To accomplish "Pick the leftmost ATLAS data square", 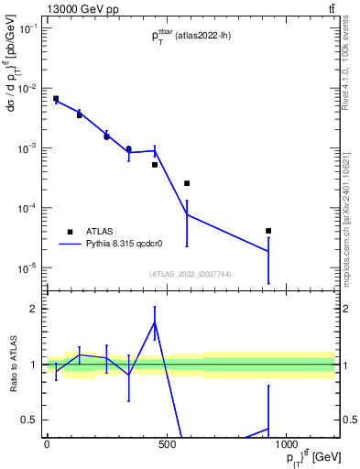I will point(56,99).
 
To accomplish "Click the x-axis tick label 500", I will point(167,444).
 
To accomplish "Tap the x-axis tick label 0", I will point(47,444).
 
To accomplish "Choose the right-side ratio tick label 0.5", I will point(347,420).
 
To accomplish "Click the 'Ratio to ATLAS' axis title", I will point(12,365).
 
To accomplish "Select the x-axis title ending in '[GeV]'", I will point(302,459).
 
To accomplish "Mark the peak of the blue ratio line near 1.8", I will point(155,322).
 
